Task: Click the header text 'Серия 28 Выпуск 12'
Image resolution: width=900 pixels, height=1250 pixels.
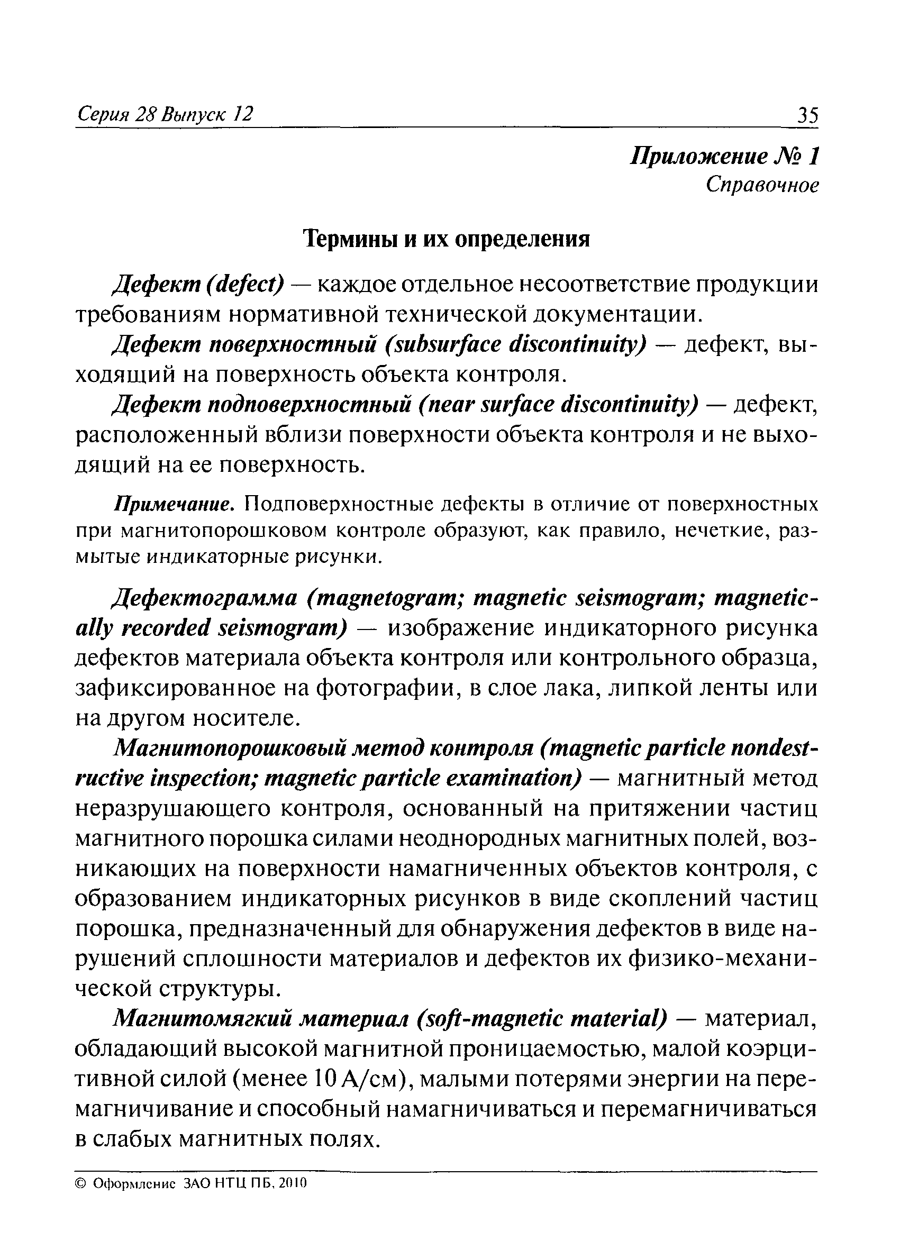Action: click(165, 114)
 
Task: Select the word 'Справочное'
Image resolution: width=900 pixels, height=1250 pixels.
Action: click(762, 185)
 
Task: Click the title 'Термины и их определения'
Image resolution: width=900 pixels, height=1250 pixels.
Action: click(448, 239)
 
